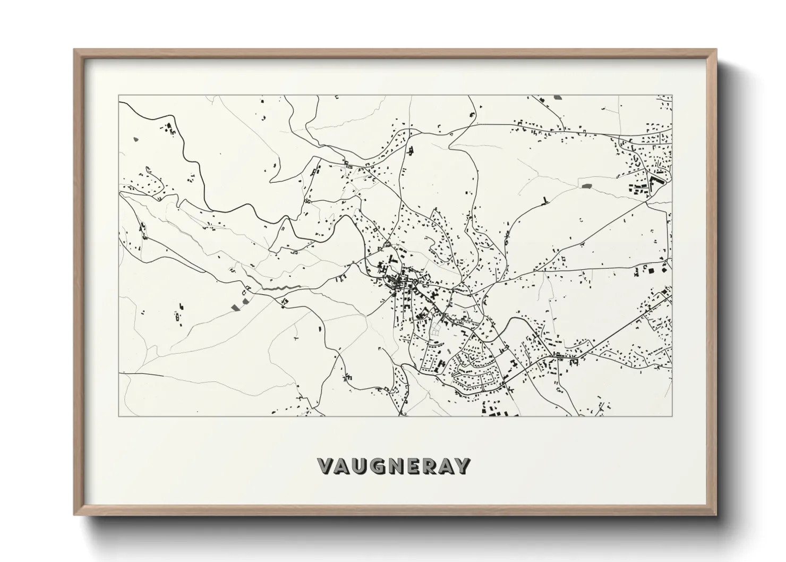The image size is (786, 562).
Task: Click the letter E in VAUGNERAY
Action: point(411,466)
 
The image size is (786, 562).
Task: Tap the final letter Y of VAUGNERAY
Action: point(462,466)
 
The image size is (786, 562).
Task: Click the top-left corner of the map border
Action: point(118,96)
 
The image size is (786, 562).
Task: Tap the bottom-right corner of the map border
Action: point(672,416)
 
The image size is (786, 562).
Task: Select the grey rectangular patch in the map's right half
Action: point(587,186)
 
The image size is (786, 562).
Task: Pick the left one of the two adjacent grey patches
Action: point(236,306)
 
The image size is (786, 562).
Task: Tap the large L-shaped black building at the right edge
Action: point(655,183)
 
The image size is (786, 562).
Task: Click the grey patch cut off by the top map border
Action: point(557,97)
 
